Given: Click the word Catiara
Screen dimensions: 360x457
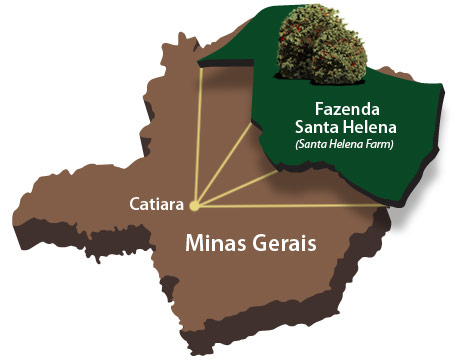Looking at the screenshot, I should click(155, 204).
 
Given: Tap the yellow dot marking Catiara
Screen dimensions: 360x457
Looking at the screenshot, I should click(194, 207).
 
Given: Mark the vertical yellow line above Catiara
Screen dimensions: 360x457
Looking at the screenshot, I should click(195, 140).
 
